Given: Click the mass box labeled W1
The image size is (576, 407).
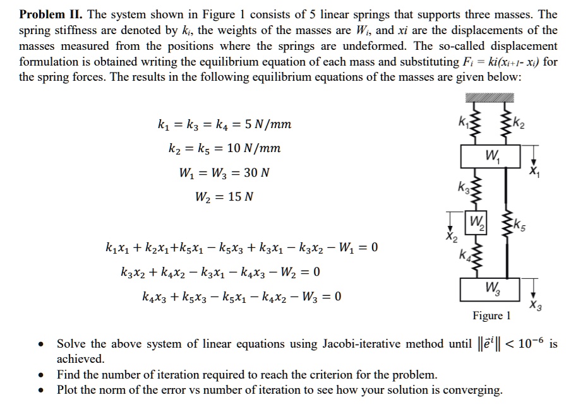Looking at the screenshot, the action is pyautogui.click(x=489, y=156).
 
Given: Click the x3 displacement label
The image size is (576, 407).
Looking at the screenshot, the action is pyautogui.click(x=536, y=305).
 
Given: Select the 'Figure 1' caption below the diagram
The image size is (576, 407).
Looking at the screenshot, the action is pyautogui.click(x=491, y=315).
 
